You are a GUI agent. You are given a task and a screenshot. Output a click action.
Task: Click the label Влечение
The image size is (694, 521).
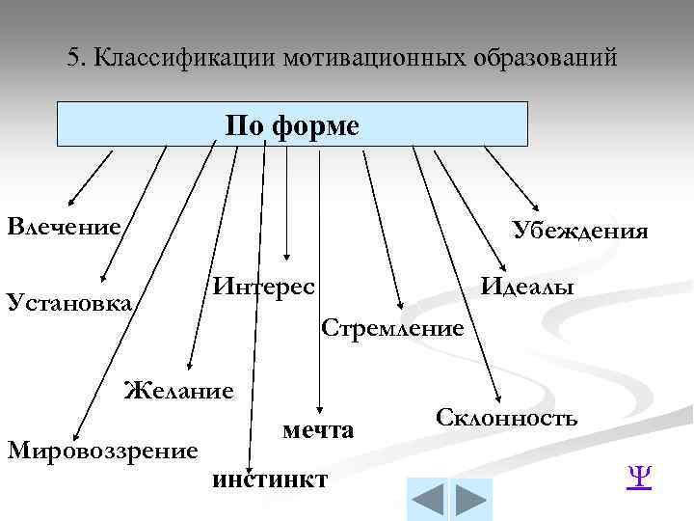tap(64, 227)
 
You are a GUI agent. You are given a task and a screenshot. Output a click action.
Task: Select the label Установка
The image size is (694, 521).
tap(68, 302)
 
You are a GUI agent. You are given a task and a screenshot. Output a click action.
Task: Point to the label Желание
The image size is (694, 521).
tap(179, 391)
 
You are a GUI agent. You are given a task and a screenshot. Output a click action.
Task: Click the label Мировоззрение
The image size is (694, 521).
tap(102, 450)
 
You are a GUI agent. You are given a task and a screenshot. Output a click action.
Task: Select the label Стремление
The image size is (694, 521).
tap(392, 328)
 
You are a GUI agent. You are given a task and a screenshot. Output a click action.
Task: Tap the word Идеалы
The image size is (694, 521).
tap(528, 287)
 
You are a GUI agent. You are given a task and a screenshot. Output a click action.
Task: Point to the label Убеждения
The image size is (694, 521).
tap(580, 230)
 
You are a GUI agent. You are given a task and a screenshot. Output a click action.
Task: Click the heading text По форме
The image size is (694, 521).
tap(292, 125)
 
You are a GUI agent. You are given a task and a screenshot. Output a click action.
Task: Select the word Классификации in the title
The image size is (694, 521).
tap(183, 58)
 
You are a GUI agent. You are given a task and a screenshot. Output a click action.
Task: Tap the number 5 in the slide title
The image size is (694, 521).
tap(74, 58)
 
